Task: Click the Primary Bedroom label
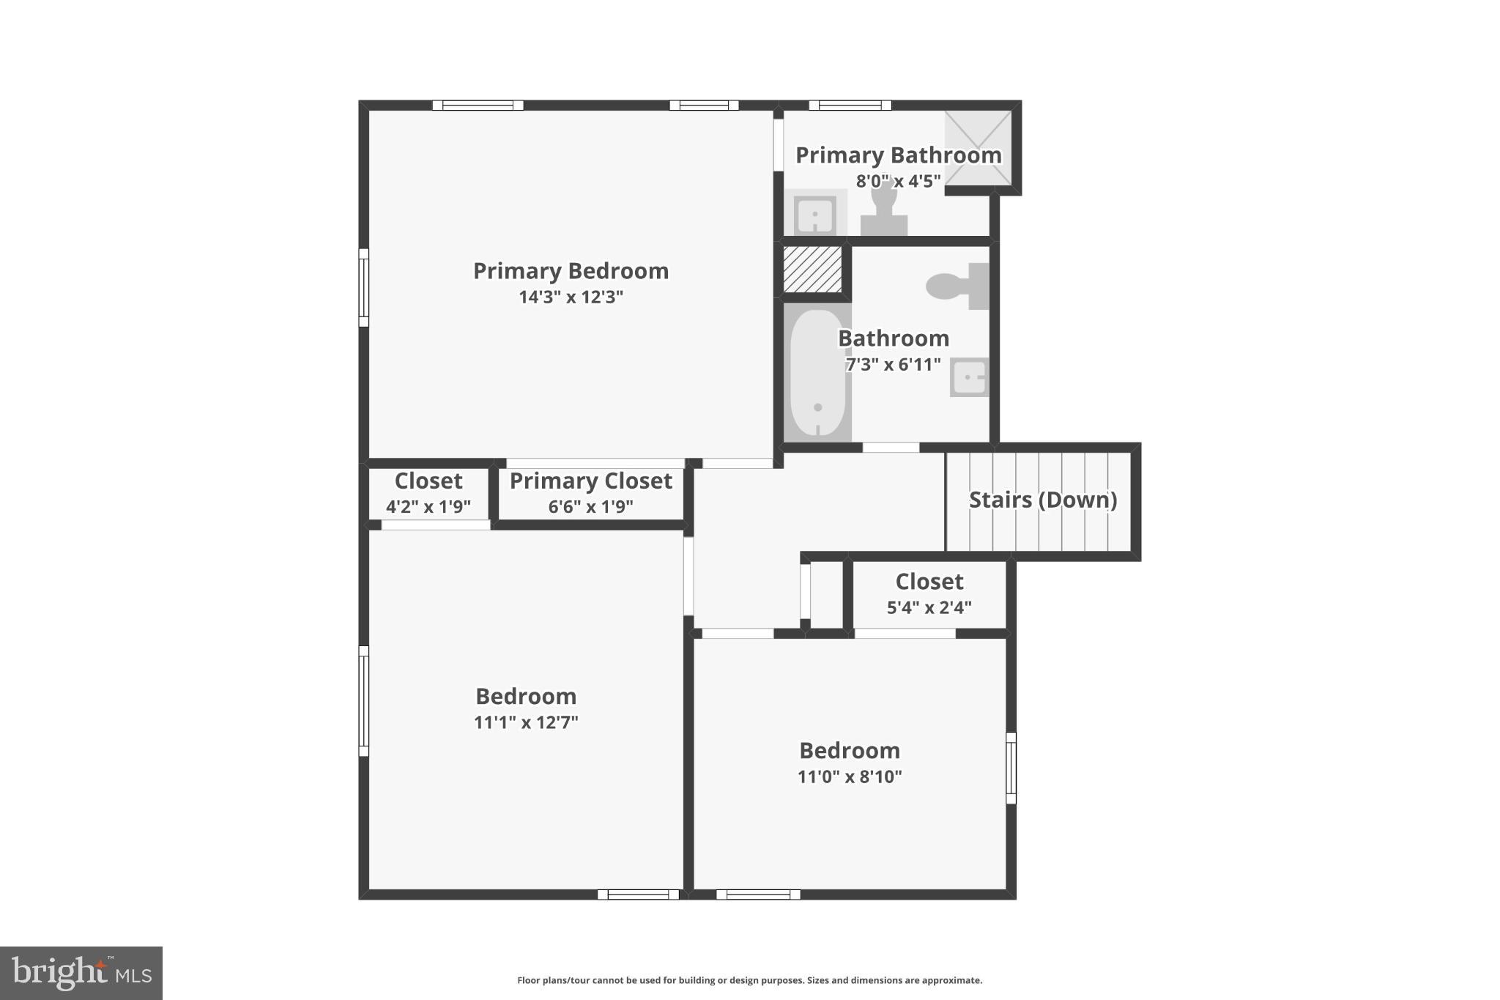coord(571,271)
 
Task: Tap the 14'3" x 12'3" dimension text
coord(571,297)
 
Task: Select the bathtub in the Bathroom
coord(817,373)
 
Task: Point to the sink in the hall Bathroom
coord(969,377)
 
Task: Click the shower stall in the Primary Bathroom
coord(979,149)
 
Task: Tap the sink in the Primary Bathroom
coord(814,214)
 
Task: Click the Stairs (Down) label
coord(1042,500)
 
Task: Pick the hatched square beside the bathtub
coord(812,269)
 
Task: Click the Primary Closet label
coord(590,481)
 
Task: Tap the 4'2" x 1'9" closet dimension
coord(428,506)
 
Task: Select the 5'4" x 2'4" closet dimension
coord(929,607)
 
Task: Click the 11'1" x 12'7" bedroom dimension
coord(526,722)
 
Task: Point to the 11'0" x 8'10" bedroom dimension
coord(850,777)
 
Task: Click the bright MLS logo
coord(81,973)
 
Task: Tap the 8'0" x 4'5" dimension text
coord(898,181)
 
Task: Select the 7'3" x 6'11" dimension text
coord(893,364)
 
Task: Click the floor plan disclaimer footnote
coord(749,980)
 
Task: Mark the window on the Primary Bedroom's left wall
coord(363,287)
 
